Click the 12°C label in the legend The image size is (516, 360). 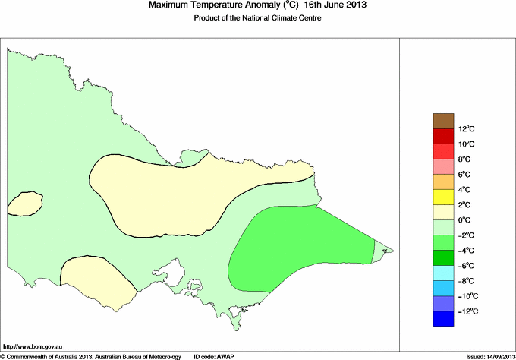click(466, 128)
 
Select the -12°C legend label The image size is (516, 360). click(467, 311)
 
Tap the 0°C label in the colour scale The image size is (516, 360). click(466, 220)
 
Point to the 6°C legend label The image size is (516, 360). click(466, 174)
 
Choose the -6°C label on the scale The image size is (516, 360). click(467, 266)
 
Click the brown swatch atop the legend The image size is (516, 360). click(442, 120)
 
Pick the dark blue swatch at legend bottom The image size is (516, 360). click(442, 319)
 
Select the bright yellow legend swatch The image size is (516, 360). click(442, 197)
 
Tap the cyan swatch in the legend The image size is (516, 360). click(442, 273)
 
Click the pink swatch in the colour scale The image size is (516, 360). click(442, 166)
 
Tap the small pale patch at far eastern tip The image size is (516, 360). click(384, 249)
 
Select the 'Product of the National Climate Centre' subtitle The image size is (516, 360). click(258, 18)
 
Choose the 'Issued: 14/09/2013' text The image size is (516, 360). click(485, 355)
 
